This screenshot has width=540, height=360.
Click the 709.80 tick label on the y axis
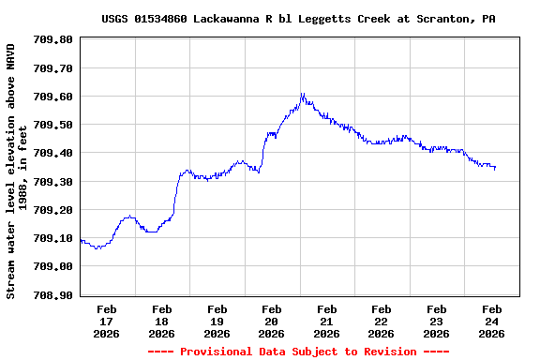pos(52,39)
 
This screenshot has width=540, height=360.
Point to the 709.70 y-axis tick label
pos(52,68)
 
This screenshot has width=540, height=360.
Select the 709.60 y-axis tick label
pos(52,97)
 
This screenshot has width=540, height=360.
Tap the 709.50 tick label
pos(52,125)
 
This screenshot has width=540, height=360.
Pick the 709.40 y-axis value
pos(52,153)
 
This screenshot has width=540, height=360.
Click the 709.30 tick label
pos(52,181)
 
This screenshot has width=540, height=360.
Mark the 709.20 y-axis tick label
pos(52,210)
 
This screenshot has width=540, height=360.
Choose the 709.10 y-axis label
pos(52,238)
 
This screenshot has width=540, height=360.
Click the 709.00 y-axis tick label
pos(52,266)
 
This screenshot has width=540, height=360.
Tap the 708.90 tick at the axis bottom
pos(52,294)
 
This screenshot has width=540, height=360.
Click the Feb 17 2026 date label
pos(107,321)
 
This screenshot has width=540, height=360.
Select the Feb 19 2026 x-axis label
pos(217,321)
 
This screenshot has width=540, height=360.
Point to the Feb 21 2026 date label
pos(326,321)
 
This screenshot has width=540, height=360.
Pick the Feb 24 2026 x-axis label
pos(491,321)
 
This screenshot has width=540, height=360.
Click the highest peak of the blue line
pos(302,94)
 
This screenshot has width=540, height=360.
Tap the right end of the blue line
pos(495,168)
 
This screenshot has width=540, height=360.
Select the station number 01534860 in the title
pos(163,19)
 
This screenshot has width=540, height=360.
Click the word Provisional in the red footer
pos(216,352)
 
